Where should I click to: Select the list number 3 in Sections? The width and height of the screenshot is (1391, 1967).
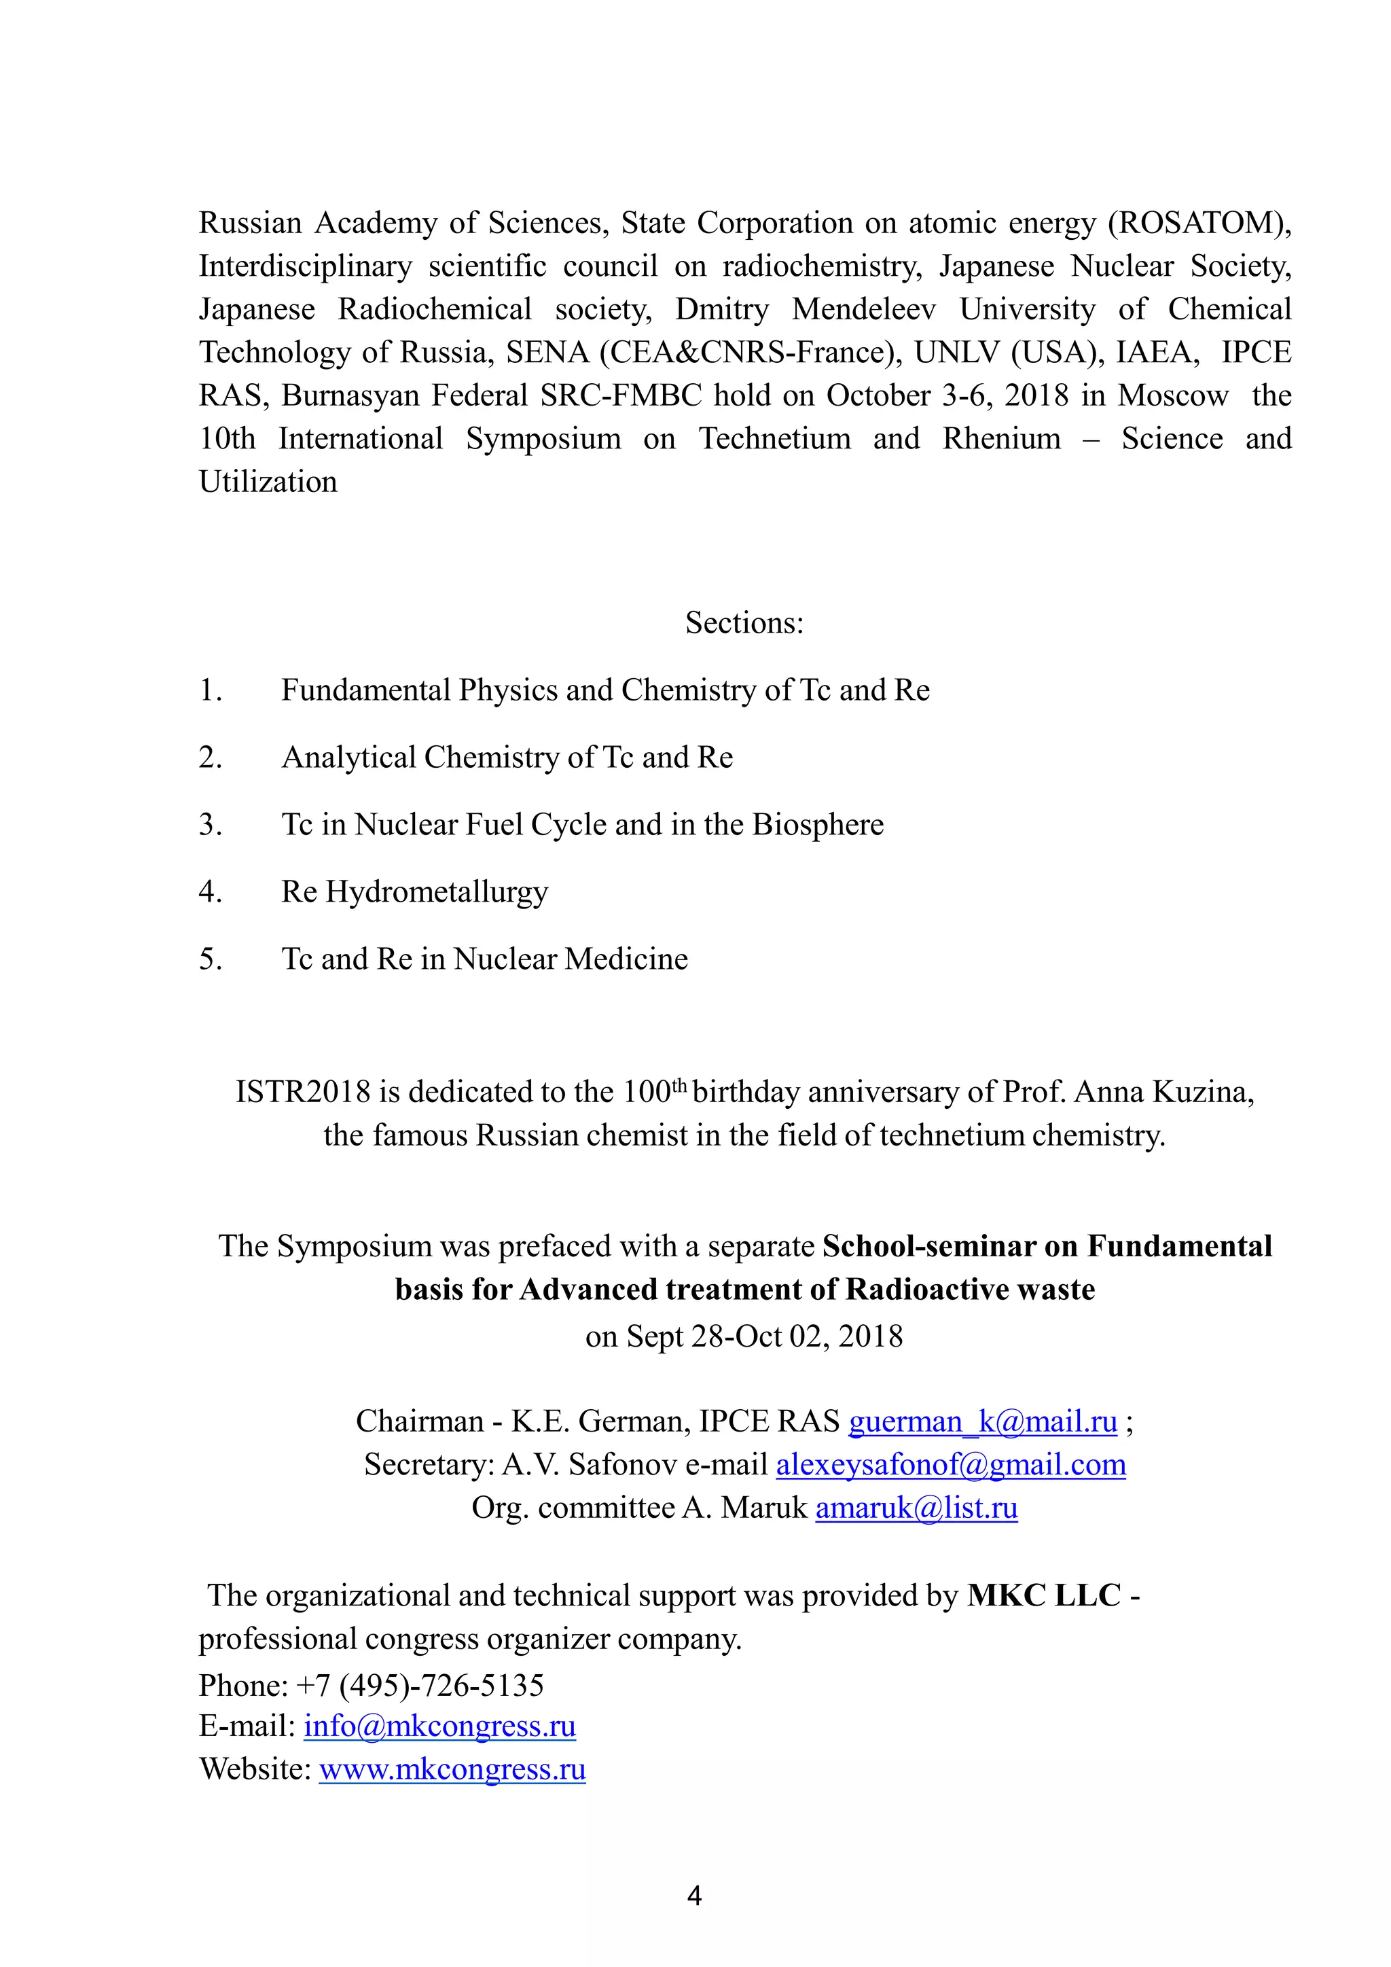tap(210, 824)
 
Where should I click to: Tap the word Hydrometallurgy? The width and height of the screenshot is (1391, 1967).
tap(437, 892)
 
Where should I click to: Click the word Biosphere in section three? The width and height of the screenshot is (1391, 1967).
tap(818, 824)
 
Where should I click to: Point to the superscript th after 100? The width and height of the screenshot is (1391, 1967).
tap(679, 1084)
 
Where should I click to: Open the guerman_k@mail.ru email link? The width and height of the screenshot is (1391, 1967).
tap(982, 1421)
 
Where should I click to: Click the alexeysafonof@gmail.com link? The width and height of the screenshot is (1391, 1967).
tap(950, 1464)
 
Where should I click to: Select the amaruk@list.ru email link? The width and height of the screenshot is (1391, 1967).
tap(916, 1507)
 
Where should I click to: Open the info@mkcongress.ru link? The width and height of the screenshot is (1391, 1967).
tap(439, 1725)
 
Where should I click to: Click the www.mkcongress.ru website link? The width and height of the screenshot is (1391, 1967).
tap(452, 1768)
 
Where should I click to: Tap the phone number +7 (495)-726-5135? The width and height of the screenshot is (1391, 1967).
tap(420, 1685)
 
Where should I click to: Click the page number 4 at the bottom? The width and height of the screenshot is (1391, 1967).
tap(695, 1896)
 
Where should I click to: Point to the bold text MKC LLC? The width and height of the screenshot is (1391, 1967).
tap(1043, 1595)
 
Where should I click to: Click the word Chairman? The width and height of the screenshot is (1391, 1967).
tap(420, 1421)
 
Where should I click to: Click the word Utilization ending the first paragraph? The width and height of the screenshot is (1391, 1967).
tap(268, 482)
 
